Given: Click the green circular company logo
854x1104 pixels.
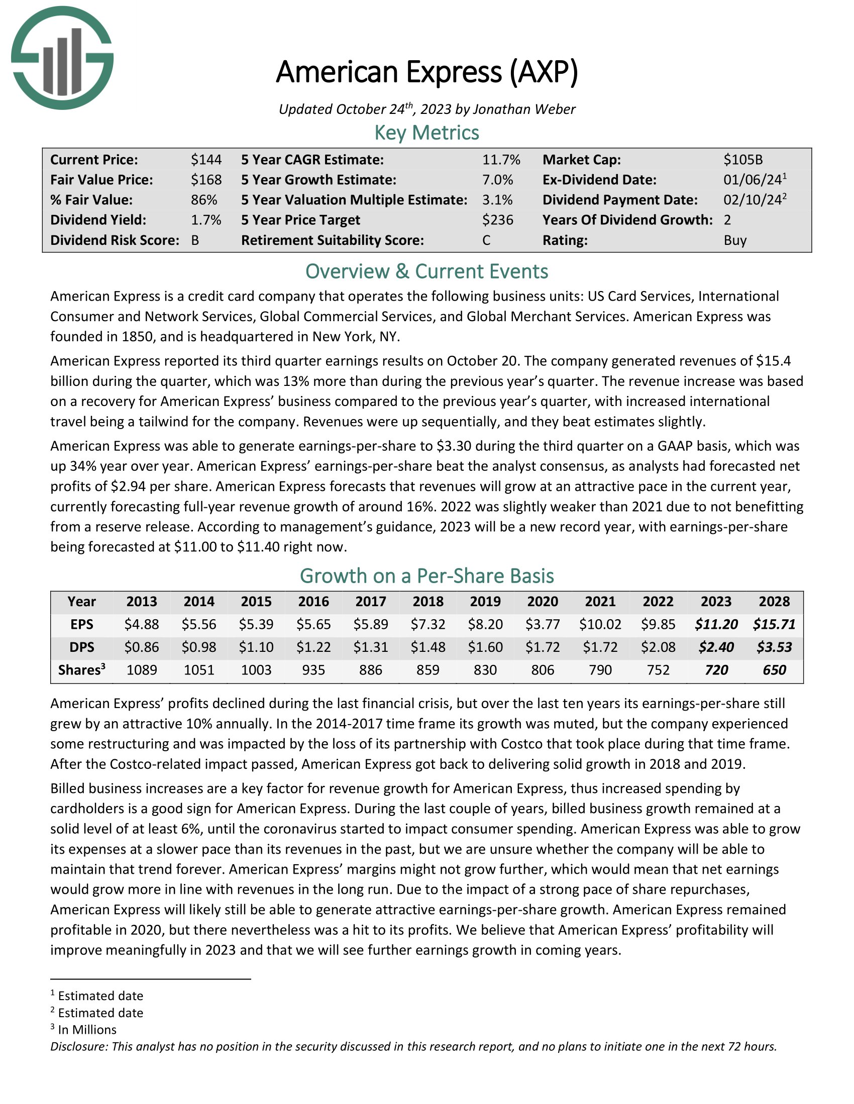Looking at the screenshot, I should pyautogui.click(x=62, y=58).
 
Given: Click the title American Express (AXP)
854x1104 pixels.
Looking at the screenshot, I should pyautogui.click(x=426, y=72).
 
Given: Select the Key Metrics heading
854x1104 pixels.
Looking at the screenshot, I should pyautogui.click(x=426, y=132).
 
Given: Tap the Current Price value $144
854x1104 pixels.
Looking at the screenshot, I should pyautogui.click(x=206, y=160).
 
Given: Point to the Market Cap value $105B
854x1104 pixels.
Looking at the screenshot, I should pyautogui.click(x=742, y=160).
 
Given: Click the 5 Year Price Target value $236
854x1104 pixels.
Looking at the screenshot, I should pyautogui.click(x=497, y=220).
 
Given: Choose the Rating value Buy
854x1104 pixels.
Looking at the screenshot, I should pyautogui.click(x=735, y=240).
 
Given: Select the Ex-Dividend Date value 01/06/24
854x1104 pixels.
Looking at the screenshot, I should pyautogui.click(x=753, y=180).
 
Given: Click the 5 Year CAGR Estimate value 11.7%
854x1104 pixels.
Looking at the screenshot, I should pyautogui.click(x=501, y=160).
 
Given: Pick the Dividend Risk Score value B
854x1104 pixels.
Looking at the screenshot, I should pyautogui.click(x=195, y=240).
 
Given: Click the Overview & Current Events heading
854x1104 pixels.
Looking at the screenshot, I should pyautogui.click(x=426, y=271).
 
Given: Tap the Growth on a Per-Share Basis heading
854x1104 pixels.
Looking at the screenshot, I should pyautogui.click(x=426, y=576).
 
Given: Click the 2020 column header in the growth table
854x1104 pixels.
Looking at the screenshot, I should pyautogui.click(x=543, y=602).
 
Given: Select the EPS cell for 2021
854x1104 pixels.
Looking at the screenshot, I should pyautogui.click(x=600, y=624).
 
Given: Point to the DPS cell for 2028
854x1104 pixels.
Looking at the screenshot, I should pyautogui.click(x=774, y=647).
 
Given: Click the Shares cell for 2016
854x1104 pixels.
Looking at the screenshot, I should pyautogui.click(x=313, y=670).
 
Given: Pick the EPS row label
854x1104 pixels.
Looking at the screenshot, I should pyautogui.click(x=82, y=624).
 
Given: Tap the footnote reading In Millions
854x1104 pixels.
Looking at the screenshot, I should pyautogui.click(x=87, y=1030).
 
